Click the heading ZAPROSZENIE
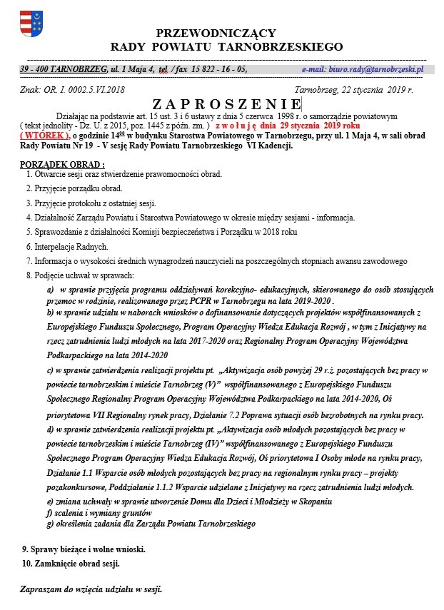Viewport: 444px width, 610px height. tap(226, 105)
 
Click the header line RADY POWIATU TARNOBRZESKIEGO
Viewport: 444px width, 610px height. tap(227, 47)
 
